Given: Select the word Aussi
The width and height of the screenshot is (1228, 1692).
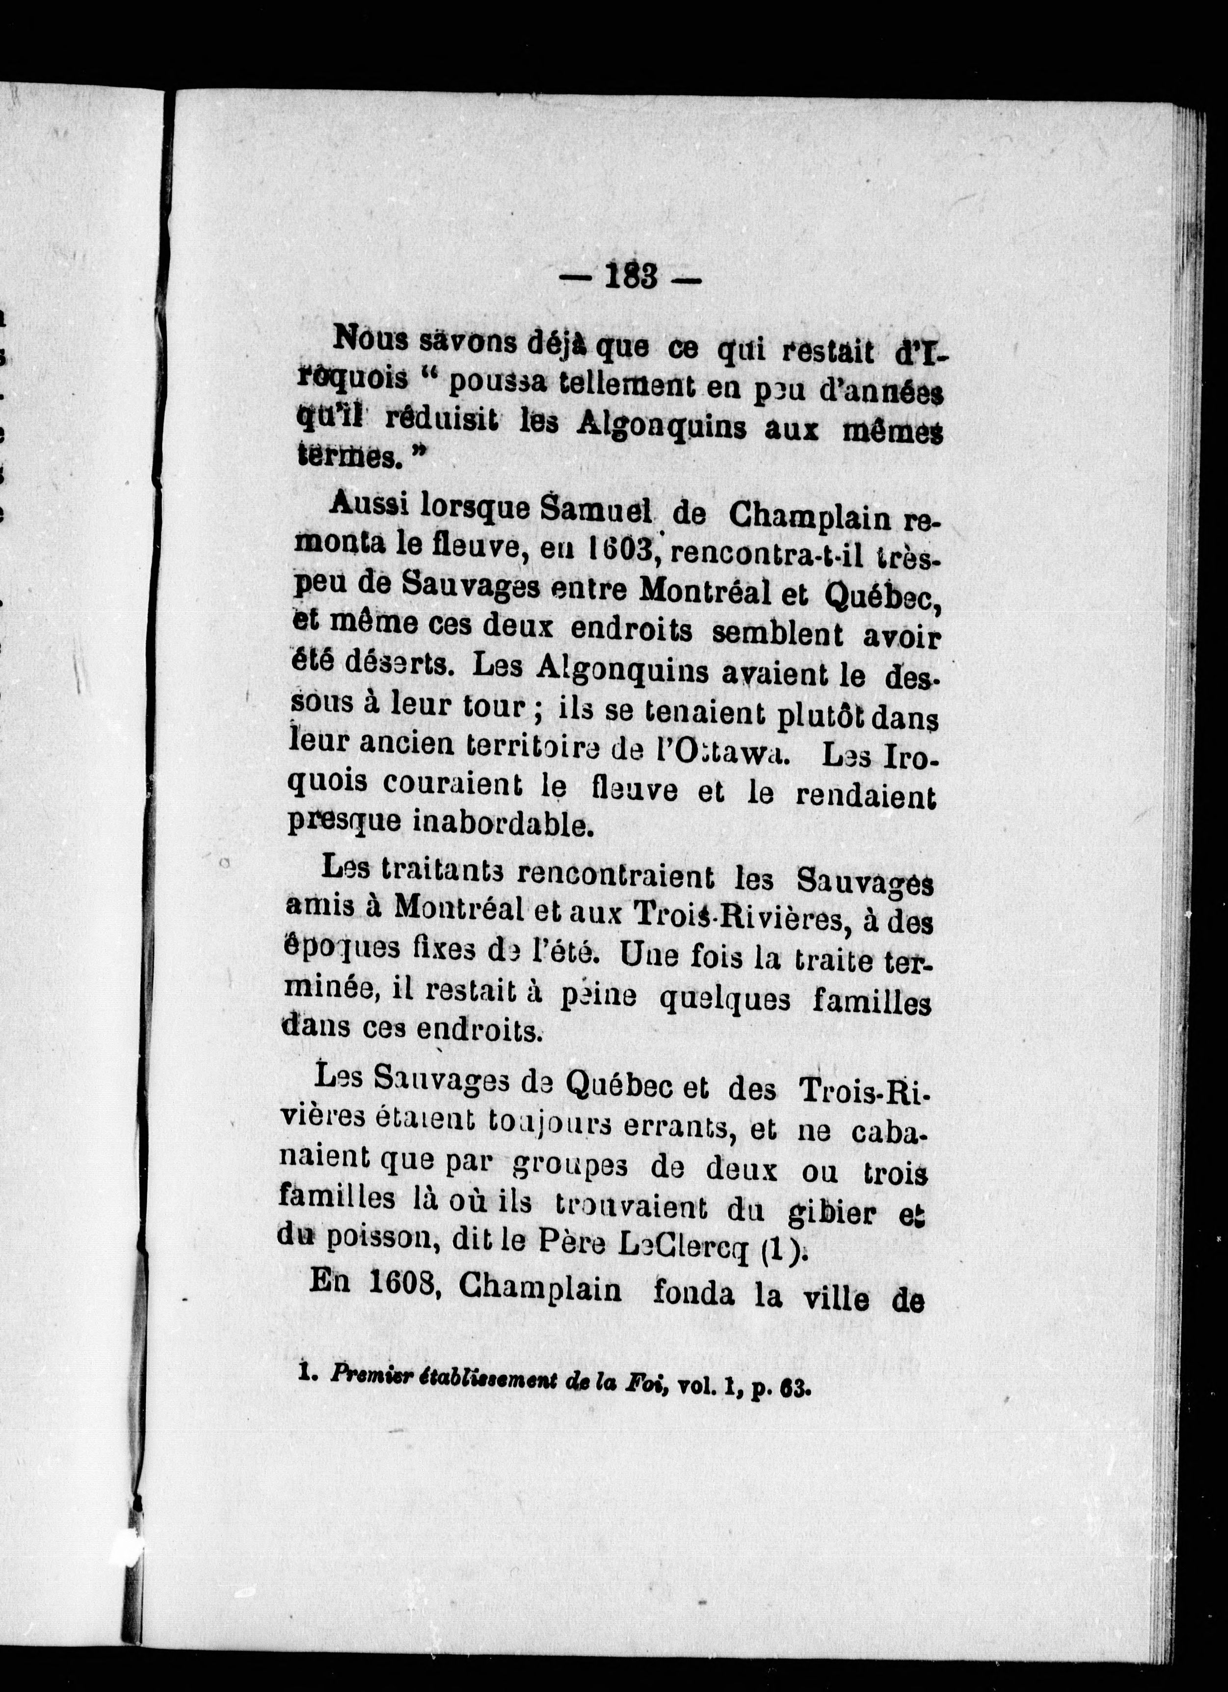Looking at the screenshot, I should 368,507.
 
